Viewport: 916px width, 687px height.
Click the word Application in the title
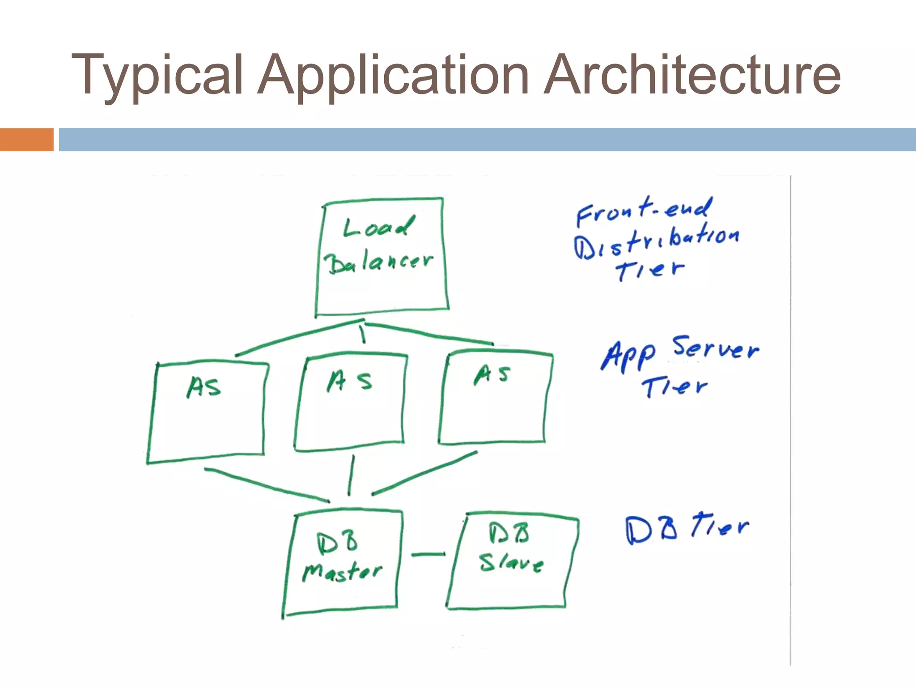pos(394,75)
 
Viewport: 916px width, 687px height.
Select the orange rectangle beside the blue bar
pos(26,140)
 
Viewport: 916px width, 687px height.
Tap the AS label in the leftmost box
pos(204,387)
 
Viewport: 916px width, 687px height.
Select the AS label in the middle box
pos(349,381)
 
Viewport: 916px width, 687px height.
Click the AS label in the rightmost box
pos(492,374)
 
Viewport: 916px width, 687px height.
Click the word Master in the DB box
pos(342,572)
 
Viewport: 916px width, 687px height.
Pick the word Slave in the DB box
pos(511,563)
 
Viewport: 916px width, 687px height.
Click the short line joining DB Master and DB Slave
pos(428,555)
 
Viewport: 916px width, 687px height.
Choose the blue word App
pos(628,356)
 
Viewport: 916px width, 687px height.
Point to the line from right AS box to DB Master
pos(424,473)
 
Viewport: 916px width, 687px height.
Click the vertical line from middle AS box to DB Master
pos(352,475)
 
